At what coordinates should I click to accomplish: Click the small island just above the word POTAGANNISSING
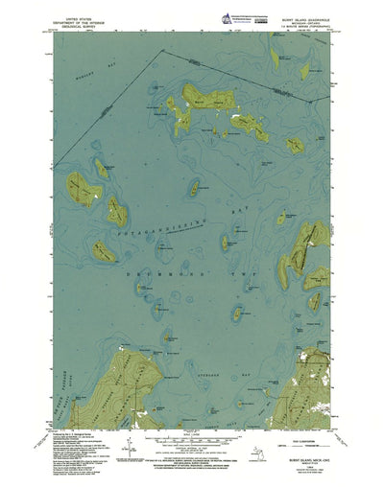pyautogui.click(x=193, y=188)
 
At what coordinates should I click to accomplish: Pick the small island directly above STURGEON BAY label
pyautogui.click(x=235, y=313)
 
